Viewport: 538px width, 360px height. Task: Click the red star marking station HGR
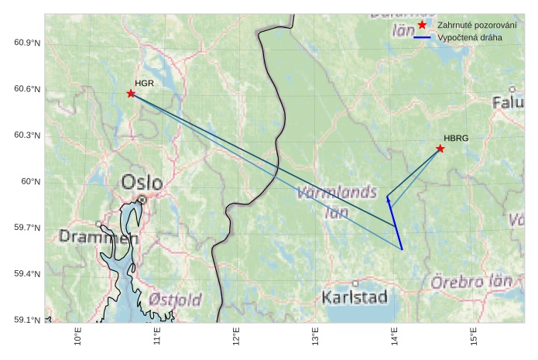(131, 94)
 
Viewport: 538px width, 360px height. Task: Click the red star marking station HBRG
(440, 149)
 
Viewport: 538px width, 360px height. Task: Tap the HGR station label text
(144, 83)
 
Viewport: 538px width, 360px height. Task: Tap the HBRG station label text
(456, 138)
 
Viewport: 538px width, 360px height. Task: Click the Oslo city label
(142, 183)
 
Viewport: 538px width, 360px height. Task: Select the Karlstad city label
(355, 297)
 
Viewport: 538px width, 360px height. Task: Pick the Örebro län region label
(471, 281)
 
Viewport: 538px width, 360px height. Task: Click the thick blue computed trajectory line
(395, 225)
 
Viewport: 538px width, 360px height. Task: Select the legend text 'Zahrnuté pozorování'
(477, 25)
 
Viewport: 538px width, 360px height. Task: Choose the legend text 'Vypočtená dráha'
(469, 37)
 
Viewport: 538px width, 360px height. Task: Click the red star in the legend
(422, 25)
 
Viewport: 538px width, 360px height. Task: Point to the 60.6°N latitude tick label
(27, 89)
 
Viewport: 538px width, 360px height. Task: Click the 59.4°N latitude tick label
(27, 274)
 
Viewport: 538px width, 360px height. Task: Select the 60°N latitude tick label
(30, 181)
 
